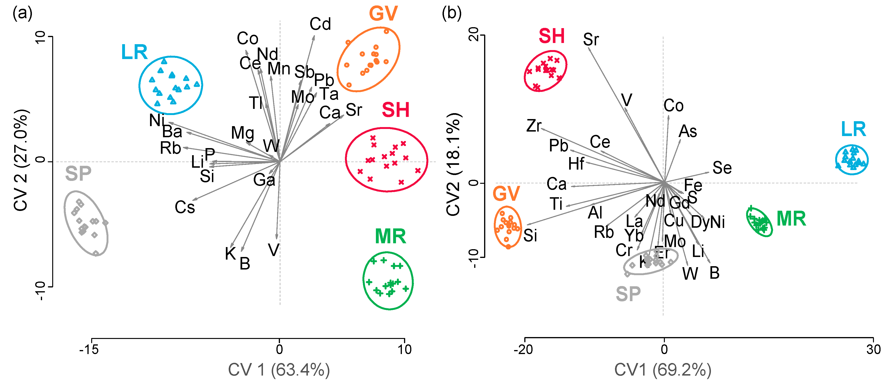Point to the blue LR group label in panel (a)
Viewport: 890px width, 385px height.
[x=134, y=52]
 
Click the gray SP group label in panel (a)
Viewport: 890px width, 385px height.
[x=78, y=174]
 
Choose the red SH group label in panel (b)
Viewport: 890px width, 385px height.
[x=551, y=36]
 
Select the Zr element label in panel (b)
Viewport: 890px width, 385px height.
[x=534, y=126]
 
